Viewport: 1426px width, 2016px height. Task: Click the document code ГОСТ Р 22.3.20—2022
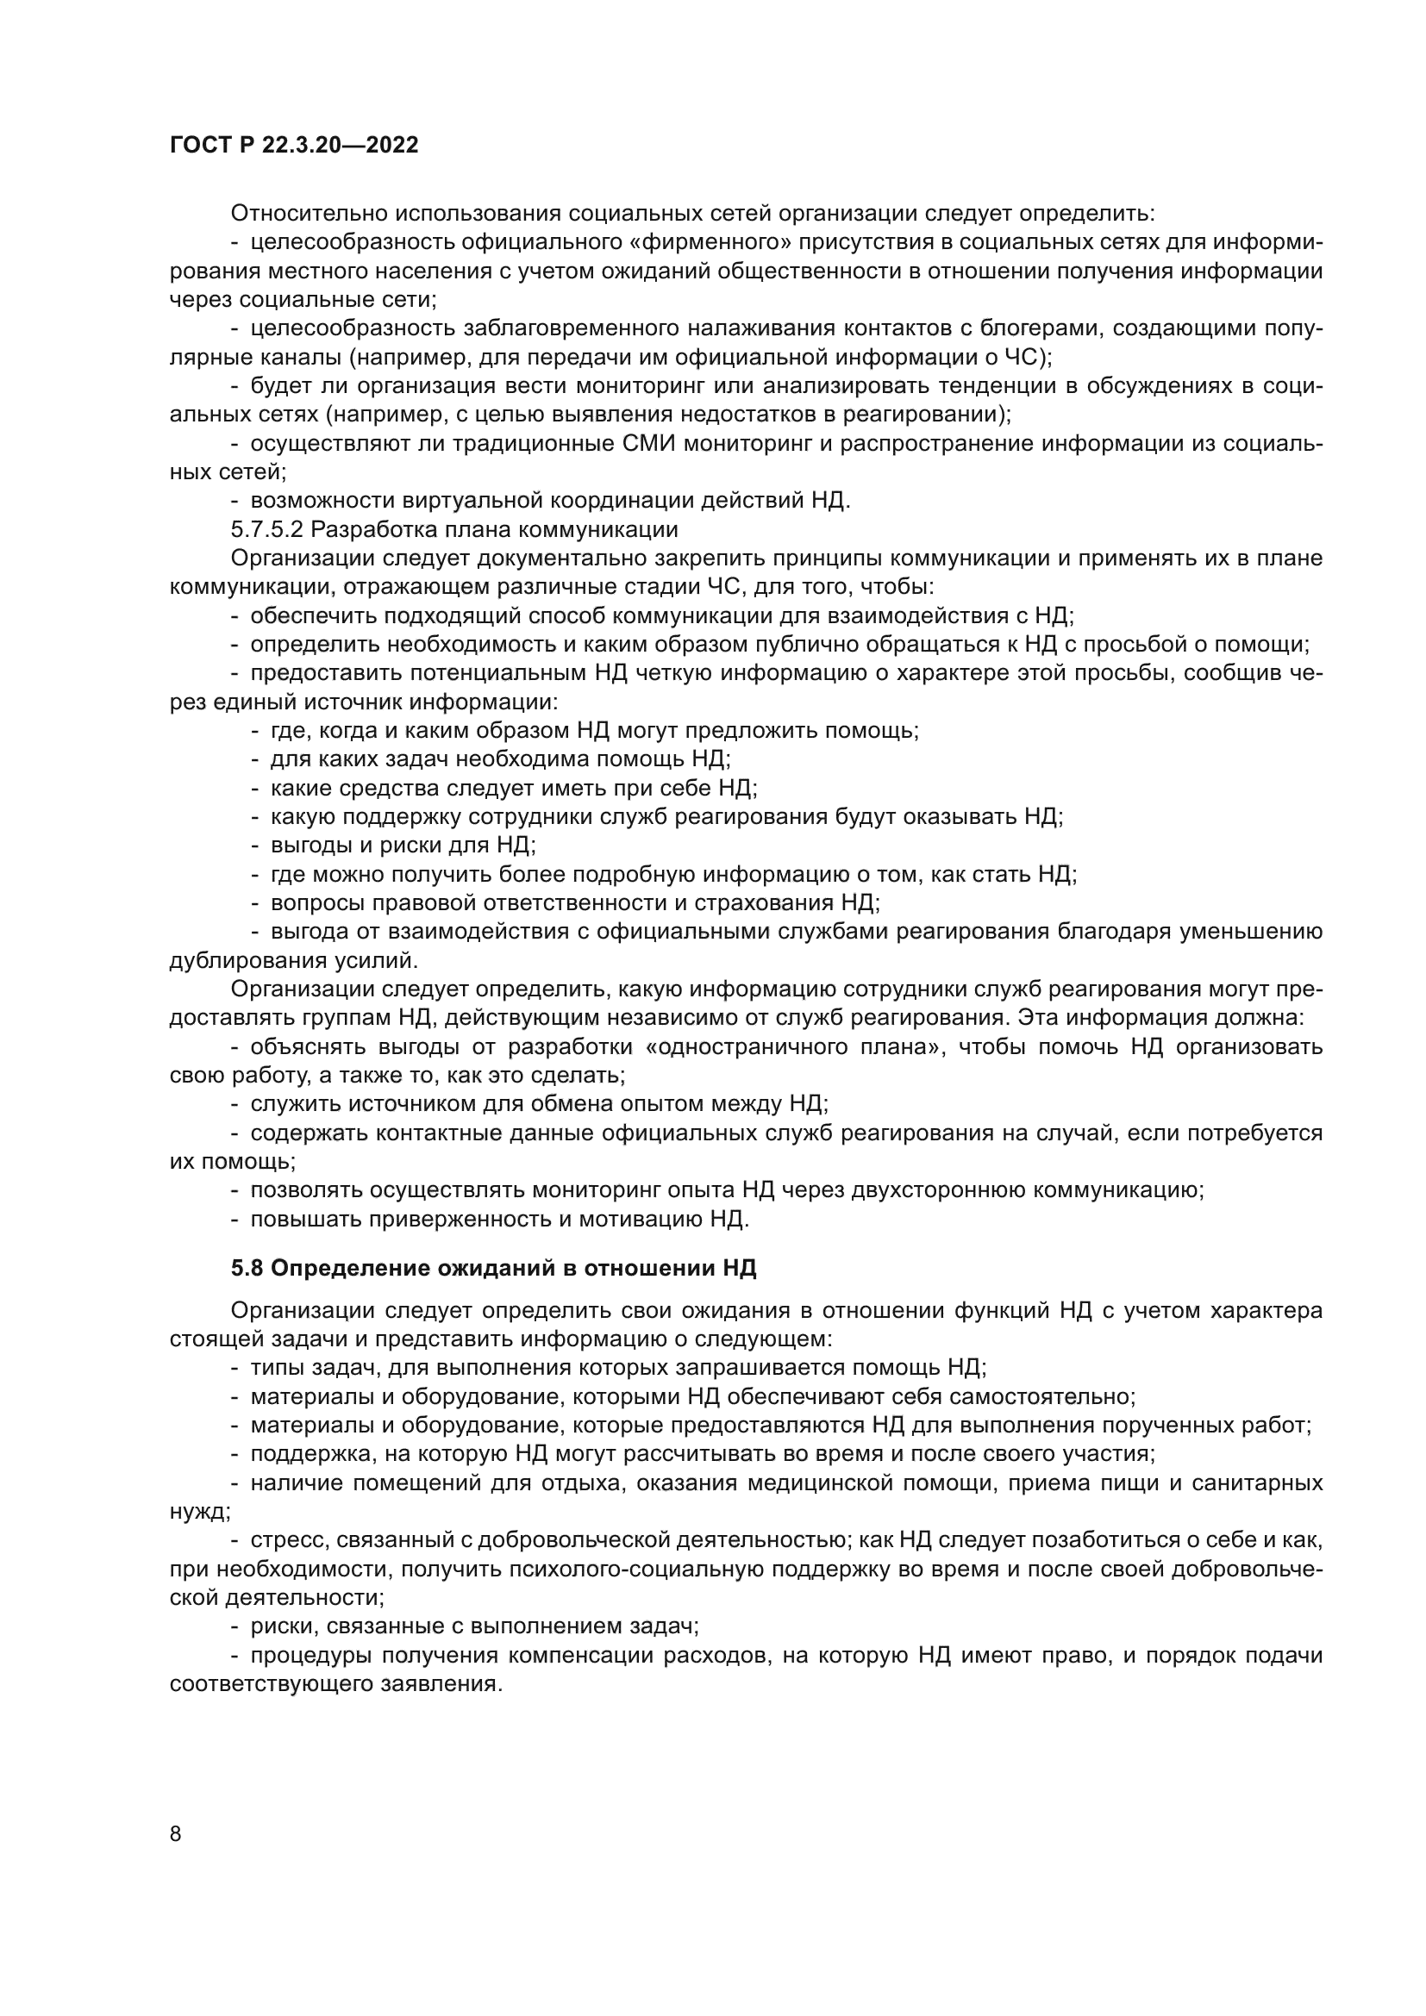tap(293, 146)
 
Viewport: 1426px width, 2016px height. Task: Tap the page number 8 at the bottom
tap(176, 1833)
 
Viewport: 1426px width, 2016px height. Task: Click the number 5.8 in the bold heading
tap(247, 1268)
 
